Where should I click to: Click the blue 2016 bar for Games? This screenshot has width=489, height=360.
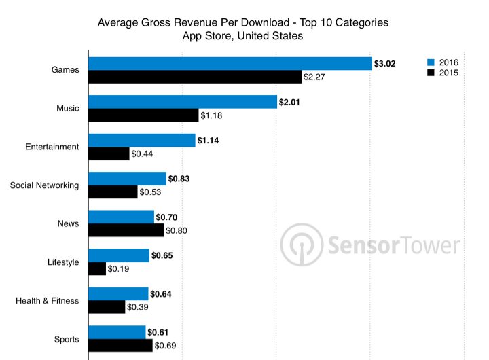tap(230, 63)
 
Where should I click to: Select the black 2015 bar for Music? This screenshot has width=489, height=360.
tap(143, 115)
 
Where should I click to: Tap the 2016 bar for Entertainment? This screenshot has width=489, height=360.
tap(142, 140)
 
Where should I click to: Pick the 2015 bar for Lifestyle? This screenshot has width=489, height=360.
tap(97, 269)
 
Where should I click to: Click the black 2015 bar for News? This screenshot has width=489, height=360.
tap(126, 230)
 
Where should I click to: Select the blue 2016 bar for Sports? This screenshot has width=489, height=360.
tap(117, 332)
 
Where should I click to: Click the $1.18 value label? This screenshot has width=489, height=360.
tap(211, 115)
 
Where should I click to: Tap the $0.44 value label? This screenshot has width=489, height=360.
tap(142, 154)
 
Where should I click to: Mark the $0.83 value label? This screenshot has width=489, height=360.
tap(179, 179)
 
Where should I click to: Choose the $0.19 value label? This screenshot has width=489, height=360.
tap(119, 269)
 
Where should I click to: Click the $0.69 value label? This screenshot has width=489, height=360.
tap(166, 346)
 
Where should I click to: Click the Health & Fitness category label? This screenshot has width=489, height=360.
tap(47, 301)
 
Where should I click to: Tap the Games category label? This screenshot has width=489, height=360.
tap(65, 70)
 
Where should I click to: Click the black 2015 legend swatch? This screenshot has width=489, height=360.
tap(431, 72)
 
